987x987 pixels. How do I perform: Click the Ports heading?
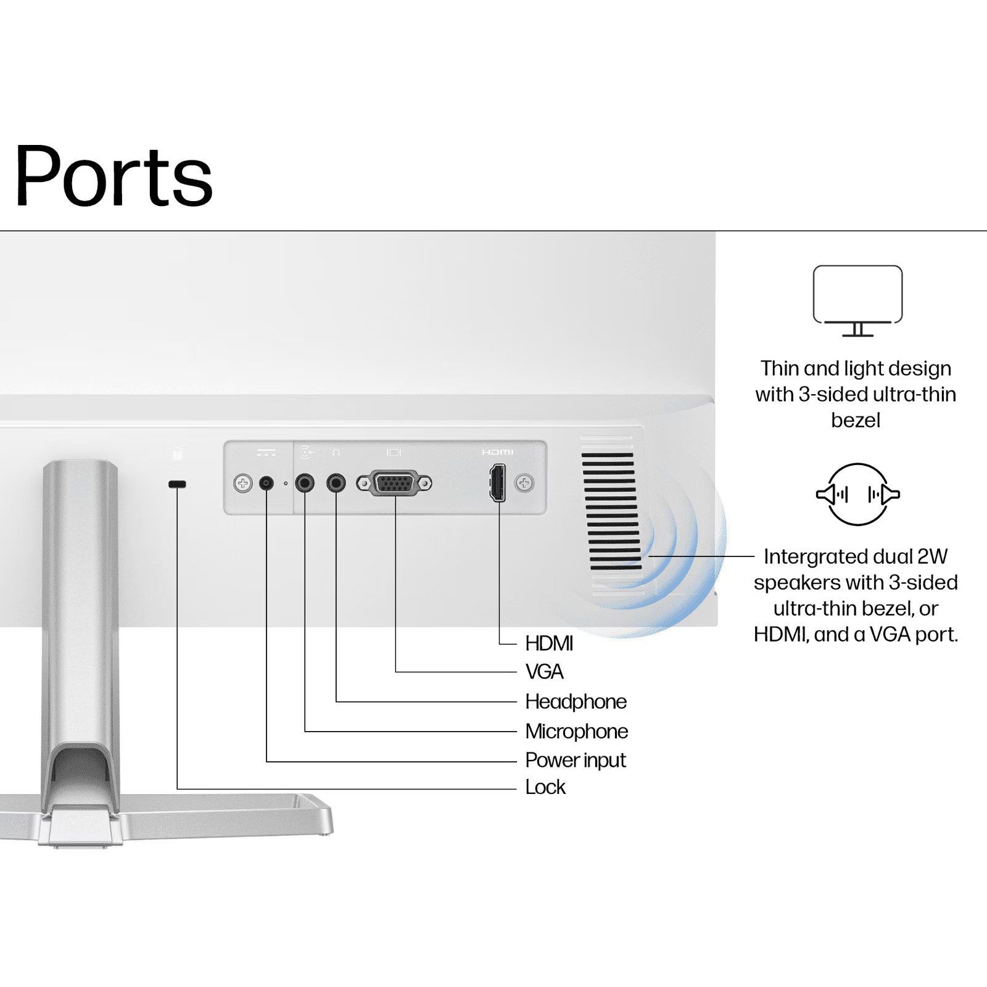114,176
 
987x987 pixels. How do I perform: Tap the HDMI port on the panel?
498,483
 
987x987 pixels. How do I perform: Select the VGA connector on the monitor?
394,483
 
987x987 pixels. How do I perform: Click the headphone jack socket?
336,482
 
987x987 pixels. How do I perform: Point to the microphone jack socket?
305,482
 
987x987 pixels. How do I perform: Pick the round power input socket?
266,483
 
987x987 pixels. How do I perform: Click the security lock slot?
177,484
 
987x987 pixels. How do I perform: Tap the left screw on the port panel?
243,483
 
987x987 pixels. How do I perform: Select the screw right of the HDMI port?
524,483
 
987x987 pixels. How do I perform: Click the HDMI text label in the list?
549,643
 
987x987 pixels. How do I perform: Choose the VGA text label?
544,672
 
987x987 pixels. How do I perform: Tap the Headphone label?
576,701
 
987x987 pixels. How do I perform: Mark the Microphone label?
576,731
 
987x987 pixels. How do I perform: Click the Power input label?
575,760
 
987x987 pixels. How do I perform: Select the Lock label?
545,787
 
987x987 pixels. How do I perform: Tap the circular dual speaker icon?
857,494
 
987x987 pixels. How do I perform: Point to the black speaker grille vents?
611,511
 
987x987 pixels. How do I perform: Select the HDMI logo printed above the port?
497,452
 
